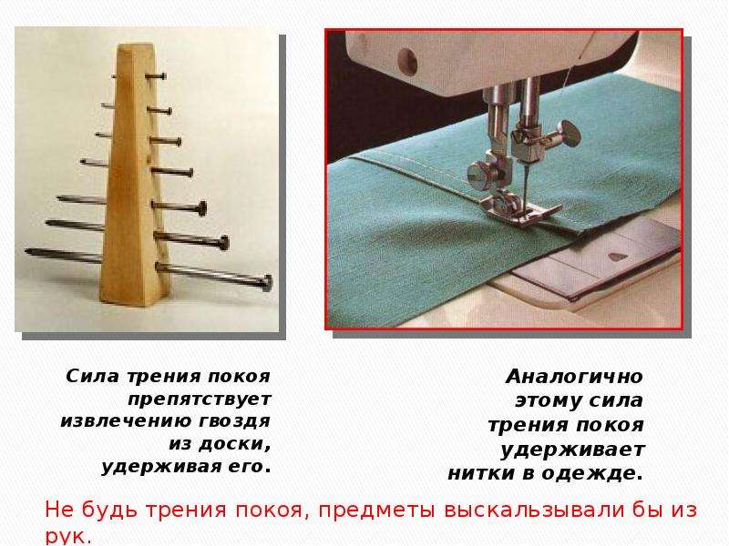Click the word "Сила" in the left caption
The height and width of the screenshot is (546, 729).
92,376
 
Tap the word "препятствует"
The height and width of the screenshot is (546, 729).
200,399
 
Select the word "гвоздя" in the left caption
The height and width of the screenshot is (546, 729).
234,421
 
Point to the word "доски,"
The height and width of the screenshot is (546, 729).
234,443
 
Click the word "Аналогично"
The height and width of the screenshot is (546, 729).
574,376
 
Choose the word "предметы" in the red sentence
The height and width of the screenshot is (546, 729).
376,510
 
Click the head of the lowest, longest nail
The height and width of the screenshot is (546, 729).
267,283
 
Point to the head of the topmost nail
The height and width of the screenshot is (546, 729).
163,76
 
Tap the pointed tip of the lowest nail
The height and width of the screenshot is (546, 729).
27,252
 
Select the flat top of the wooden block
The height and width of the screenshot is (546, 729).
136,47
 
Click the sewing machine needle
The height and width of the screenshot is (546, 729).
526,186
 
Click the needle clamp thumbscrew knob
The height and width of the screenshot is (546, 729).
570,133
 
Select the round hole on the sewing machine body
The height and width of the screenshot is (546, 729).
407,61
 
